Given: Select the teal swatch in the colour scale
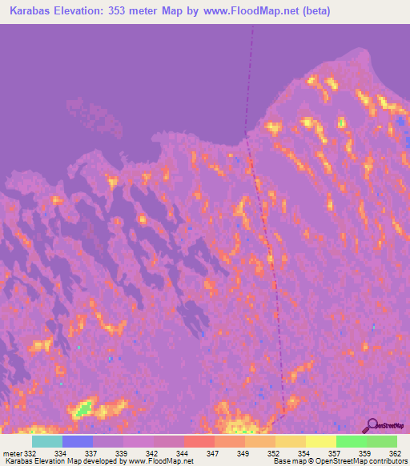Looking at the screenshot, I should click(47, 441).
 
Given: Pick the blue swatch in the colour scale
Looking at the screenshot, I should click(78, 441).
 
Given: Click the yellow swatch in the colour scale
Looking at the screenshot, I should click(321, 441).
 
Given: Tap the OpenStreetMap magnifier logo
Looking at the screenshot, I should click(372, 425).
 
